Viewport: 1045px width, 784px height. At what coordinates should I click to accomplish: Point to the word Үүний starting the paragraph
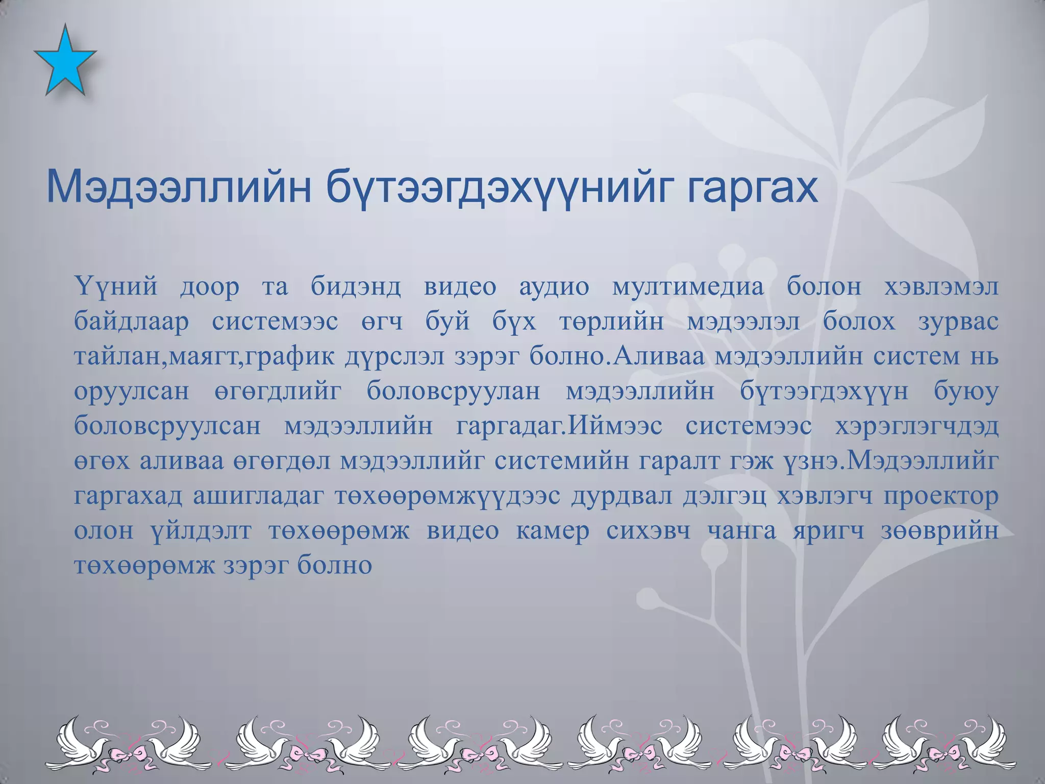pos(116,286)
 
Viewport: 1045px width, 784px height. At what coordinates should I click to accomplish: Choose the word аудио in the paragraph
pos(554,286)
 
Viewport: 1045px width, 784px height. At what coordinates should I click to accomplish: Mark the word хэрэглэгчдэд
pos(916,426)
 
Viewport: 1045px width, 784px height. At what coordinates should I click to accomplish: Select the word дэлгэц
pos(724,496)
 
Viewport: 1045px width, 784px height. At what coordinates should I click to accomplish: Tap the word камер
pos(553,531)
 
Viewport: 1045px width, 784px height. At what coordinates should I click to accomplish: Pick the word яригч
pos(829,531)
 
